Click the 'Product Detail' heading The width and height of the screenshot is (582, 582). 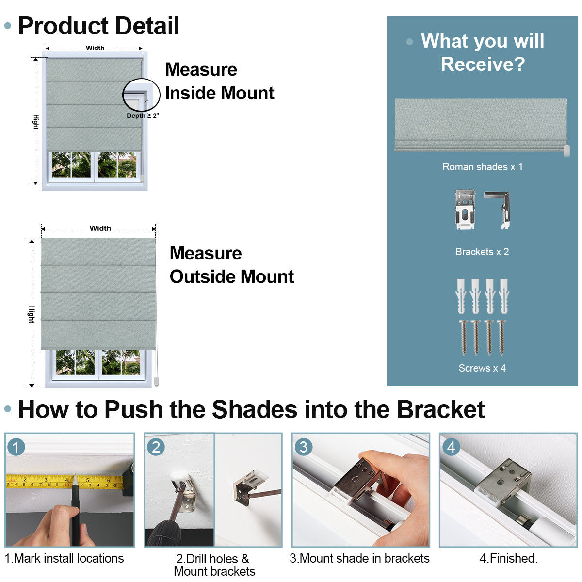click(98, 26)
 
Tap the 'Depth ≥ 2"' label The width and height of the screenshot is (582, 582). click(143, 116)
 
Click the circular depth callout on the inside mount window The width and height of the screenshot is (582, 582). click(141, 95)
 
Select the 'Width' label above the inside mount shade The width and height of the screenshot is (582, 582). click(95, 48)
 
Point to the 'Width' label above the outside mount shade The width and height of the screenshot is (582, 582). click(100, 228)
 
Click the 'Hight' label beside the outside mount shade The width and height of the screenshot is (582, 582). click(32, 314)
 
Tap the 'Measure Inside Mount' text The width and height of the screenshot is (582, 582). click(220, 81)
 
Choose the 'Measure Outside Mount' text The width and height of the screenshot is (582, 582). click(232, 265)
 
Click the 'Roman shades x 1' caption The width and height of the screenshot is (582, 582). click(482, 167)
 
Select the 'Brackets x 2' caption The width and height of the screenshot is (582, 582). click(482, 252)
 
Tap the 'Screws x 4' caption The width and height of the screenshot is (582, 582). click(482, 368)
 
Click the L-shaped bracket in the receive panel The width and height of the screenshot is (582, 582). click(499, 210)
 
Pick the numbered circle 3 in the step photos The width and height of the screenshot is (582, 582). click(303, 447)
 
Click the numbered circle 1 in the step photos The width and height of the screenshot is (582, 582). click(16, 447)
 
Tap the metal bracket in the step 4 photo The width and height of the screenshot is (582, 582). click(504, 483)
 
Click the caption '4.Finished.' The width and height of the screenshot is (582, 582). click(508, 558)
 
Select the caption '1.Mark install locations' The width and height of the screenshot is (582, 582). click(65, 558)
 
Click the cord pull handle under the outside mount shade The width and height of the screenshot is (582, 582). click(156, 381)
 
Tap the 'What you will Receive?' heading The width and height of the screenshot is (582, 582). click(482, 52)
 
